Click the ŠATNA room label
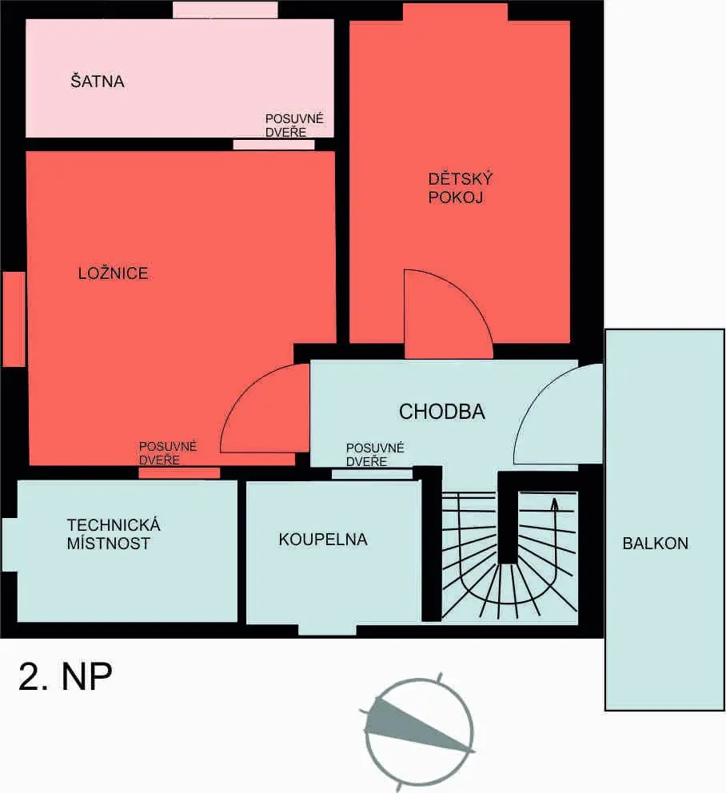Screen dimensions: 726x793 97,81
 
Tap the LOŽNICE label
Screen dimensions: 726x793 114,273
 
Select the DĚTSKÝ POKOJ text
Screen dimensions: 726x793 460,188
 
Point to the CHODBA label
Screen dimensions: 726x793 441,412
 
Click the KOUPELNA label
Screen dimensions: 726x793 323,540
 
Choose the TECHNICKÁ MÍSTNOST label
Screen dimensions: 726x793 114,534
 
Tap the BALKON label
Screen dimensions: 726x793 655,543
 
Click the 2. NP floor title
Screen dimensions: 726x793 66,676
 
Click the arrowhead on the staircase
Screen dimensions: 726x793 554,504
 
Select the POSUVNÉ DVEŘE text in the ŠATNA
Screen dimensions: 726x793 294,126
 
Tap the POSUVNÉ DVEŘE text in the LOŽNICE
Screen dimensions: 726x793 167,453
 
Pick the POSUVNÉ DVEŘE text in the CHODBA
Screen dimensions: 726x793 375,455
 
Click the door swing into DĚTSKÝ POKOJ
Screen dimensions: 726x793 473,297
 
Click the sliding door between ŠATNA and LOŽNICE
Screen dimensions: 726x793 273,145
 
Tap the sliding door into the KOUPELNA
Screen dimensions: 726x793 372,474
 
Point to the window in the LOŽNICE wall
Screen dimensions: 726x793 14,319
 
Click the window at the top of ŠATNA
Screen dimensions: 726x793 225,10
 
